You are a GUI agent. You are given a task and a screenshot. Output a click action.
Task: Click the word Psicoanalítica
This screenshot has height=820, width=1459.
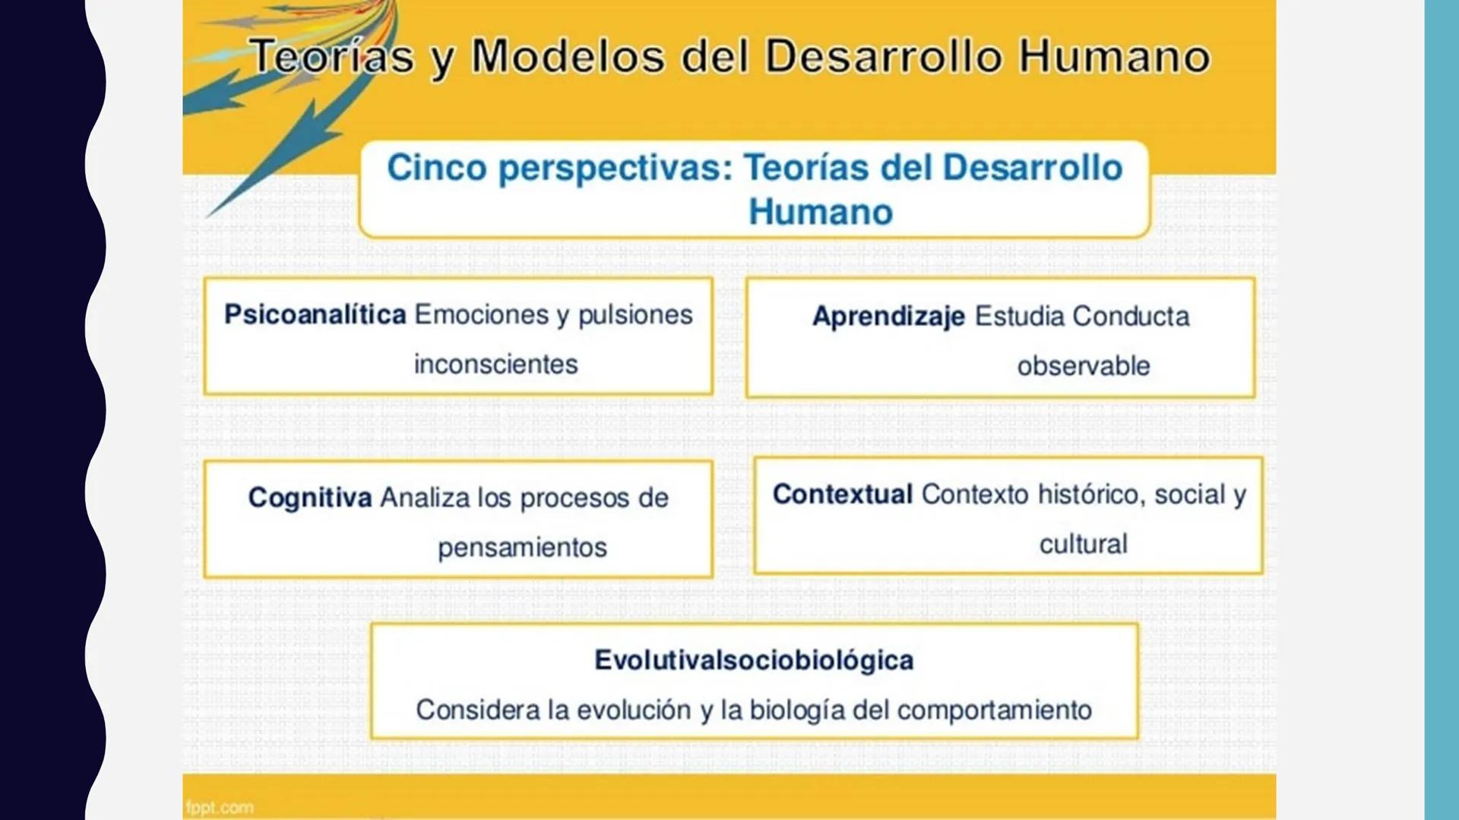315,314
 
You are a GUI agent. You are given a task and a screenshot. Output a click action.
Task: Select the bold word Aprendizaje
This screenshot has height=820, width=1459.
888,316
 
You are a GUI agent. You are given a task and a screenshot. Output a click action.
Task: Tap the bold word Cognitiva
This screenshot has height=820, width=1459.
310,497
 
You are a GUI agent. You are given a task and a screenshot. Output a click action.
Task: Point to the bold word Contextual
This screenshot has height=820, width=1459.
842,494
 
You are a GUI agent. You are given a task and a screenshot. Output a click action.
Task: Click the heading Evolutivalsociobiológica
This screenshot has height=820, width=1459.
754,660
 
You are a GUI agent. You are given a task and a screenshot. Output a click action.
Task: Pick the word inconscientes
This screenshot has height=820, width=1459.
495,364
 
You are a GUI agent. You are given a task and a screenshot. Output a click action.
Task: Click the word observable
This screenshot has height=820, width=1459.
1083,366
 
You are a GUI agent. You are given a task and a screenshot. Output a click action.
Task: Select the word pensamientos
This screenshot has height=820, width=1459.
522,547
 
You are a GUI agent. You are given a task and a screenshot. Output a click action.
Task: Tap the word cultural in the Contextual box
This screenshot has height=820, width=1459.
1083,544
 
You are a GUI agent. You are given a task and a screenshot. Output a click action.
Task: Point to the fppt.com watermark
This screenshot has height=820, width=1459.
220,807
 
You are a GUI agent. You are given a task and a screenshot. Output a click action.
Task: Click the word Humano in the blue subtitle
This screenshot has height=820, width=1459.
820,212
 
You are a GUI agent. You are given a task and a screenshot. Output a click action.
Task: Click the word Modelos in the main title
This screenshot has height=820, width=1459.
568,56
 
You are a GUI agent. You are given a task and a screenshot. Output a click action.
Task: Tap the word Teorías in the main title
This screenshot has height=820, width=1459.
332,56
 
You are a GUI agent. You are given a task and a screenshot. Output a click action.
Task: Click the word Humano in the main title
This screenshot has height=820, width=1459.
1114,56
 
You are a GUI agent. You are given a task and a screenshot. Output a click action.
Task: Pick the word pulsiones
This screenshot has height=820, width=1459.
635,314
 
